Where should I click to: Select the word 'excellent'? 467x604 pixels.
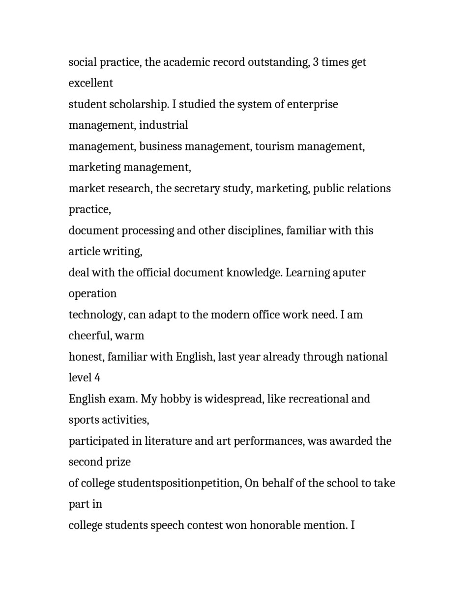(91, 83)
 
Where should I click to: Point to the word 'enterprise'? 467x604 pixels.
(312, 104)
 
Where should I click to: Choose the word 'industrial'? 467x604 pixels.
(163, 125)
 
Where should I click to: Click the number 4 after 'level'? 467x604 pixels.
(97, 378)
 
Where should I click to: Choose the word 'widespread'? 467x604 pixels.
(233, 399)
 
